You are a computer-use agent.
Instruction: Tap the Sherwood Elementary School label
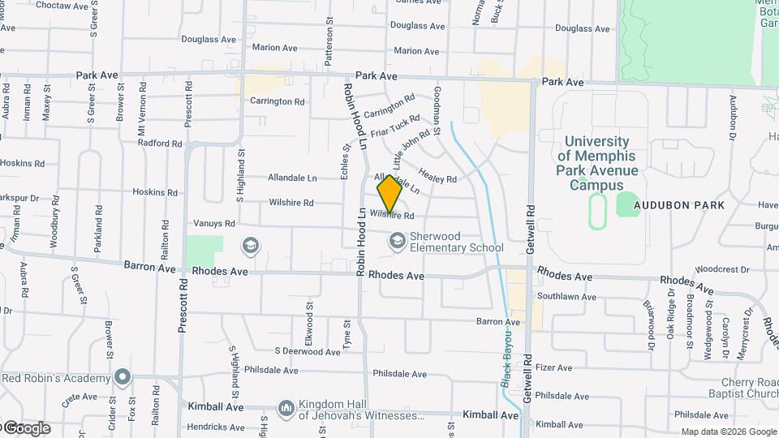tap(456, 242)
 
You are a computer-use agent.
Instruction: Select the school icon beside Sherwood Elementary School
tap(397, 240)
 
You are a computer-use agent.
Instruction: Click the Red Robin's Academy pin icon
tap(123, 377)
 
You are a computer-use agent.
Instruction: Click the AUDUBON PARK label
tap(679, 205)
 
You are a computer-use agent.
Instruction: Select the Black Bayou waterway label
tap(506, 357)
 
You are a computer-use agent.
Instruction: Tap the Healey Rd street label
tap(437, 174)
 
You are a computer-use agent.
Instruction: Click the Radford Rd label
tap(160, 144)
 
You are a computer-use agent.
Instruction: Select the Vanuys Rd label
tap(214, 223)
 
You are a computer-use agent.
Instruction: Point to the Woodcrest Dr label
tap(721, 268)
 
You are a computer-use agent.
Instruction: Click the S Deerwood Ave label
tap(307, 352)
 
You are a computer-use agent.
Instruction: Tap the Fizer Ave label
tap(554, 367)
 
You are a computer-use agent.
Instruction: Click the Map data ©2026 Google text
tap(728, 432)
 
